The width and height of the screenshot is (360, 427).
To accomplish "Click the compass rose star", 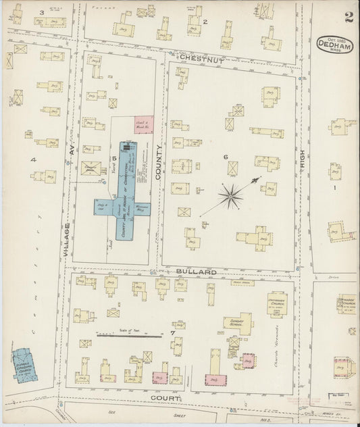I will [232, 196].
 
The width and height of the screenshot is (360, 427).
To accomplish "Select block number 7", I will [173, 333].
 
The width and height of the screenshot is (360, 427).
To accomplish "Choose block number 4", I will [32, 159].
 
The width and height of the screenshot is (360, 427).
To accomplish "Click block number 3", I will [41, 12].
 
